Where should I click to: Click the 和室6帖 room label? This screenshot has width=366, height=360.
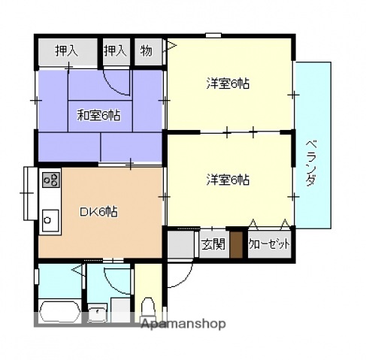point(99,115)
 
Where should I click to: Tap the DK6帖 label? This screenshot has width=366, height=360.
point(98,211)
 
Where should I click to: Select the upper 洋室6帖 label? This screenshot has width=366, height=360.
point(228,83)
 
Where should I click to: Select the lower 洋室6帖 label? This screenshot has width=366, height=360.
point(228,180)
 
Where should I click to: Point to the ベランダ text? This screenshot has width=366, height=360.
point(312,164)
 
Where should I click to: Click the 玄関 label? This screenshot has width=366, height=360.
point(213,244)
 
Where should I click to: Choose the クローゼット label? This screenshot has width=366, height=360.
point(268,244)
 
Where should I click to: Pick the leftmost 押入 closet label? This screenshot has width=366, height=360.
point(66,50)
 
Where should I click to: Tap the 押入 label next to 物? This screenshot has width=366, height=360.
point(114,50)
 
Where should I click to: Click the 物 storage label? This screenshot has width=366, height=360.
point(146,50)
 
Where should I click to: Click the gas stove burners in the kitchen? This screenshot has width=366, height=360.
point(51,179)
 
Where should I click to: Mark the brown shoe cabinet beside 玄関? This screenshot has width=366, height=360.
point(236,245)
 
